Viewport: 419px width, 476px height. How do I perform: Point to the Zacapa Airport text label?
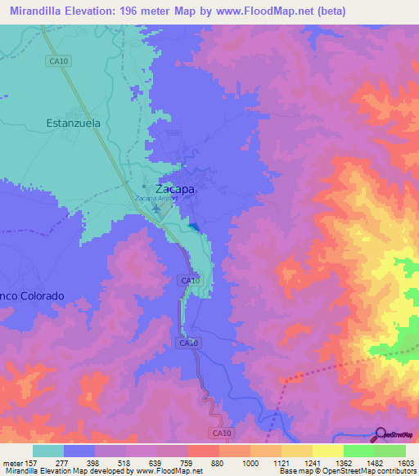[156, 199]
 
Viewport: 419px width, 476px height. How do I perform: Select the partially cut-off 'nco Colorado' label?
[27, 295]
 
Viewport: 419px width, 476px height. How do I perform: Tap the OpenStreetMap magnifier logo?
[381, 434]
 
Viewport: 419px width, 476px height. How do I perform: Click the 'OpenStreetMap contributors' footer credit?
[371, 471]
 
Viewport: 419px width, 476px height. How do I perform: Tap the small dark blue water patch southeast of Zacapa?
[192, 225]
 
